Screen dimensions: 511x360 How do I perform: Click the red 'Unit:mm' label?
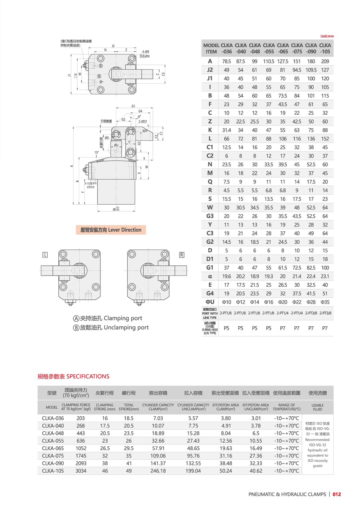coord(327,36)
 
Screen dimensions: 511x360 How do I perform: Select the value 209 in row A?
coord(325,61)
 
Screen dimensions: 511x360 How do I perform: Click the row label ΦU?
coord(210,302)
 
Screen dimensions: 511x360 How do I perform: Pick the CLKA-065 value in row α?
coord(283,276)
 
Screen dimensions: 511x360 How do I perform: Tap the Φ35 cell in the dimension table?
coord(325,302)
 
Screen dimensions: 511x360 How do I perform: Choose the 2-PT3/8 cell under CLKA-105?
coord(325,313)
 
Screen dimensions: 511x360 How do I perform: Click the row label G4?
coord(210,293)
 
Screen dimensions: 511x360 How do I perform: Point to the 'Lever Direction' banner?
coord(111,230)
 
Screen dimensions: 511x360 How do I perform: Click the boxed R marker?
coord(181,255)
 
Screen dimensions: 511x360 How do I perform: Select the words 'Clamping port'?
coord(123,318)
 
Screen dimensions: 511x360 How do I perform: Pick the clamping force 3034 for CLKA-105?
coord(81,471)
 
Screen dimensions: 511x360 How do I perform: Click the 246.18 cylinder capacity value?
coord(158,471)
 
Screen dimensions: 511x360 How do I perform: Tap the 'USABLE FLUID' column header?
coord(318,407)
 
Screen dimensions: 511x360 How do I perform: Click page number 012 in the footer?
coord(337,494)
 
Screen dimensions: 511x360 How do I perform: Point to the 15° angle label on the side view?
coord(96,153)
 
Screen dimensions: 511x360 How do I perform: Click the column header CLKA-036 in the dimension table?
coord(226,48)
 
